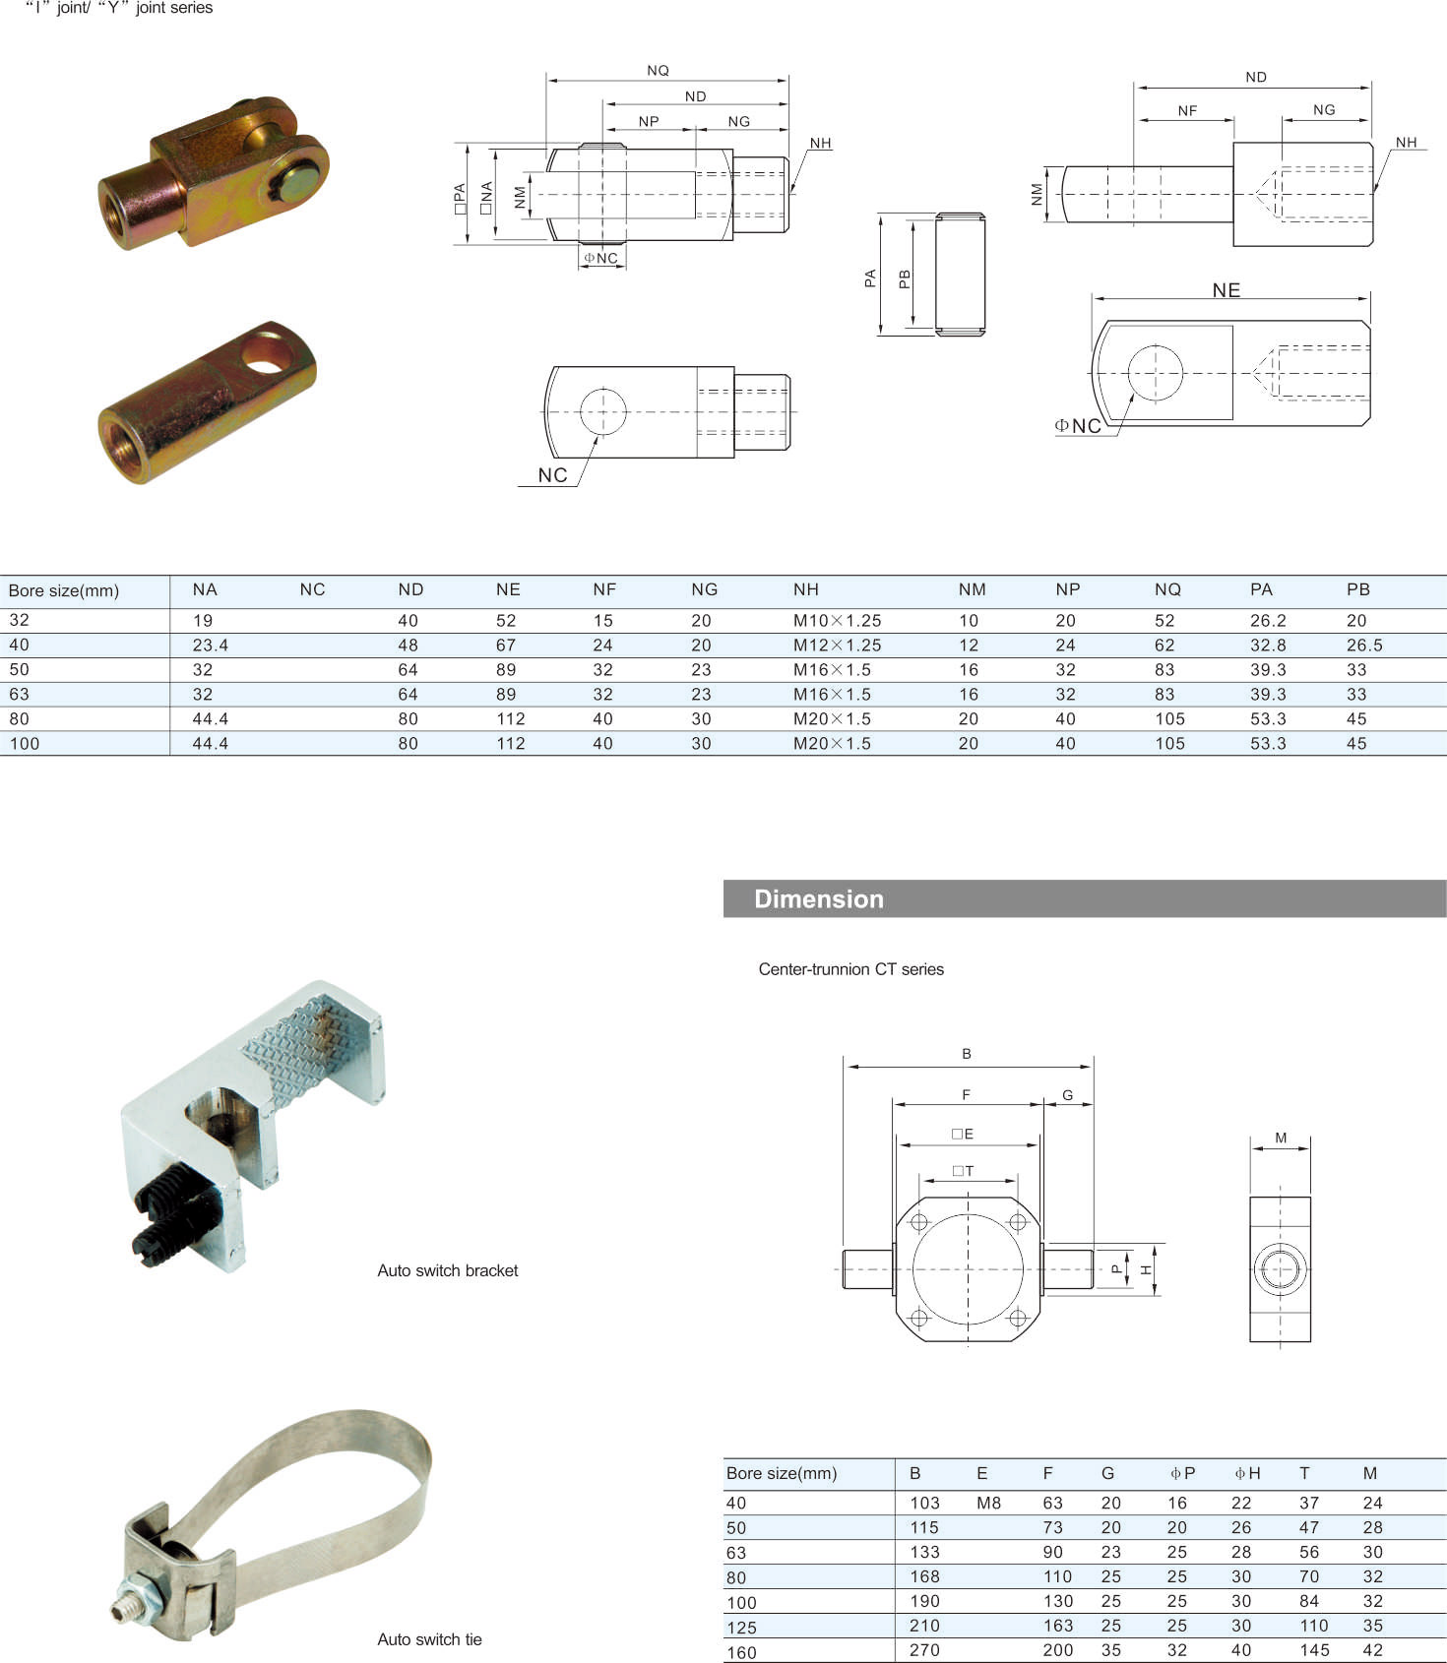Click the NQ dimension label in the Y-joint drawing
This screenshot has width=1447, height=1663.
point(658,71)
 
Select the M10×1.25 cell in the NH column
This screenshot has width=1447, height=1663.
point(837,621)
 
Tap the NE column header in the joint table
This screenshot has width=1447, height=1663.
point(508,589)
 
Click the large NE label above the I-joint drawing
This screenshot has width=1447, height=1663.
point(1227,290)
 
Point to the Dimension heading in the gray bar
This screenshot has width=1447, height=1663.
point(819,899)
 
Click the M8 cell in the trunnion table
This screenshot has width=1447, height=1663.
point(988,1503)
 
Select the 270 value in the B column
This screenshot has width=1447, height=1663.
point(924,1650)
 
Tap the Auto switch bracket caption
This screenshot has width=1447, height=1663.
point(447,1270)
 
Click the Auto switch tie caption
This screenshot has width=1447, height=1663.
point(429,1639)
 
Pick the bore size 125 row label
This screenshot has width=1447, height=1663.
point(741,1627)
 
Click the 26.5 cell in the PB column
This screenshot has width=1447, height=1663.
point(1364,646)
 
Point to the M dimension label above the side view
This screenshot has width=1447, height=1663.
point(1281,1138)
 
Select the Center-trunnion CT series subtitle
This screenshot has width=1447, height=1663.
point(850,969)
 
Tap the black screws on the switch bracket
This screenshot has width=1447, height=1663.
point(172,1215)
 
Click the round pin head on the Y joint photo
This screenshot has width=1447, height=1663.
point(298,183)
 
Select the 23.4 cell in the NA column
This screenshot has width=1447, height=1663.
point(211,646)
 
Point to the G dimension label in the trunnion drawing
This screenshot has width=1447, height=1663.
point(1067,1095)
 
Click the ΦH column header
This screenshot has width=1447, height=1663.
point(1247,1473)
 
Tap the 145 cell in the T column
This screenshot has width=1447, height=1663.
point(1314,1650)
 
